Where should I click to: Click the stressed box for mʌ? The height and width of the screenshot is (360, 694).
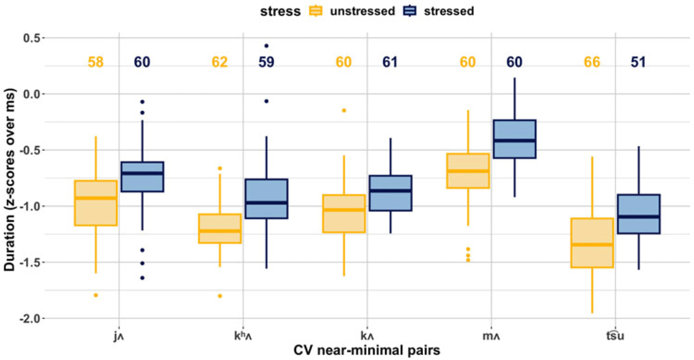coord(514,139)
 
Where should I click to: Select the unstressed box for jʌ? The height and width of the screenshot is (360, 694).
coord(96,203)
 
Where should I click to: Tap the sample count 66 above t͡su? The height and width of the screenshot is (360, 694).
coord(592,62)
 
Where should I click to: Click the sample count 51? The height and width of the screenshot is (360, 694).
coord(638,62)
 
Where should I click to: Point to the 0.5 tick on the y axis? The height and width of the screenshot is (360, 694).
coord(43,38)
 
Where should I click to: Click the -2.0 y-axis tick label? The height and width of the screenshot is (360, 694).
coord(29,318)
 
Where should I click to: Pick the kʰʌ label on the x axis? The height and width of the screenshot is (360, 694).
coord(243,336)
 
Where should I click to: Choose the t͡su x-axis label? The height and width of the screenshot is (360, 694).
coord(615,335)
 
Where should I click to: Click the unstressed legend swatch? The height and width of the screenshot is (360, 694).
coord(316,11)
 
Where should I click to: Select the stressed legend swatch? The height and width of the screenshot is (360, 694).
coord(410,11)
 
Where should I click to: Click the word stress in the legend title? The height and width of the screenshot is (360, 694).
coord(280,11)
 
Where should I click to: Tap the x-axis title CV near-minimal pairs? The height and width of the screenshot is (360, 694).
coord(367,351)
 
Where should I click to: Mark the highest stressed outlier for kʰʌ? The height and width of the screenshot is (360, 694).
coord(266,46)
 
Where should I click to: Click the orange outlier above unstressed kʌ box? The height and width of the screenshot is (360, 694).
coord(344,111)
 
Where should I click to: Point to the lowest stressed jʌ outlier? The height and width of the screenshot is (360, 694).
coord(143,278)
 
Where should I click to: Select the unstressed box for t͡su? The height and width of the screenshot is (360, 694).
coord(592,243)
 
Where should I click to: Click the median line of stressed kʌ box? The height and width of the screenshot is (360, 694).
coord(390,190)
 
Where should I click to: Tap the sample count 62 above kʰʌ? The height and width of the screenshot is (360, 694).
coord(220,62)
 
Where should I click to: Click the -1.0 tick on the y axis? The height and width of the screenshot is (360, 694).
coord(43,206)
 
